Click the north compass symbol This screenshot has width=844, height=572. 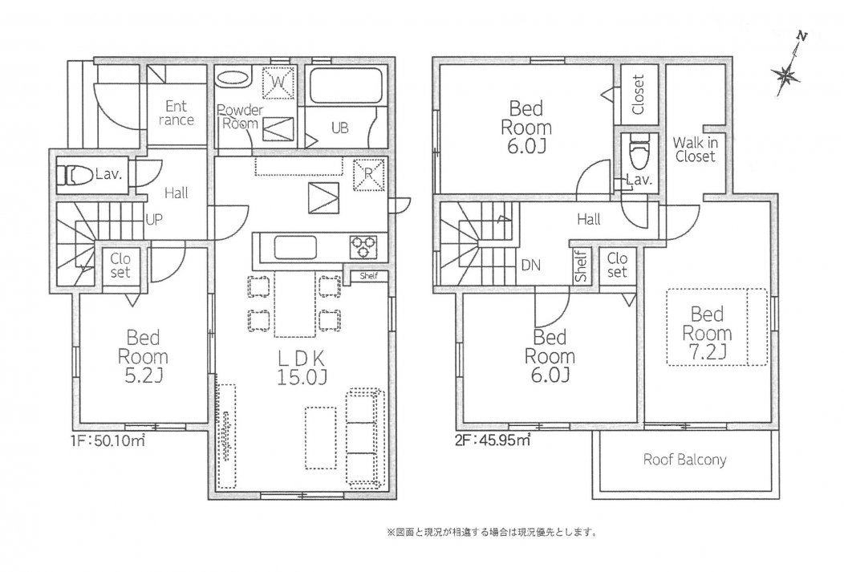coord(789,74)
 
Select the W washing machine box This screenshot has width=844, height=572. coord(279,82)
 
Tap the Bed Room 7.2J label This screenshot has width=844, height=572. coord(707,332)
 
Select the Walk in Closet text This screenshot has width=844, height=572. coord(695,150)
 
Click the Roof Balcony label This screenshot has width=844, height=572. coord(684,460)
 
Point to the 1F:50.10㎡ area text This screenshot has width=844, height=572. coord(107,440)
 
